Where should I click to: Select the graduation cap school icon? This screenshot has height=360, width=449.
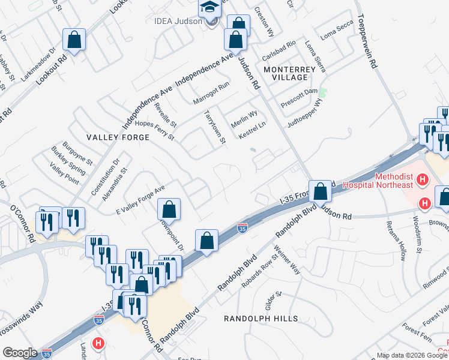click(210, 8)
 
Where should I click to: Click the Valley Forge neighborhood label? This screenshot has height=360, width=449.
click(118, 137)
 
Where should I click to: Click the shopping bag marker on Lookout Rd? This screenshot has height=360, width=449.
click(74, 41)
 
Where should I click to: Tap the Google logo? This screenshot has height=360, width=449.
click(20, 353)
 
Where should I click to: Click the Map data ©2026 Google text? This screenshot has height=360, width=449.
click(411, 355)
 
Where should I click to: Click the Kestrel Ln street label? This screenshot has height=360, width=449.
click(252, 131)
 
